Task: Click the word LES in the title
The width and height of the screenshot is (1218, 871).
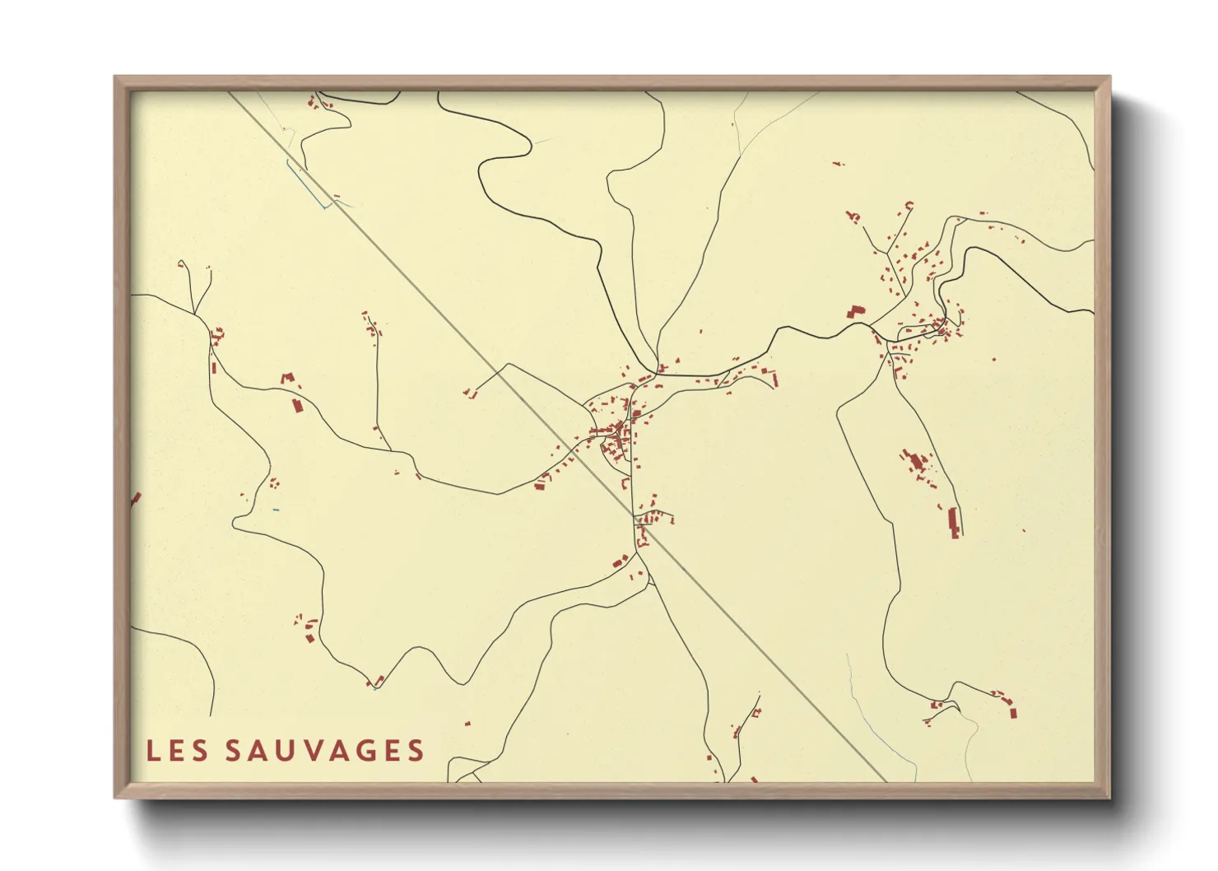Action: pyautogui.click(x=176, y=751)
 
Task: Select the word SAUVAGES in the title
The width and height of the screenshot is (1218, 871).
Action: pyautogui.click(x=325, y=751)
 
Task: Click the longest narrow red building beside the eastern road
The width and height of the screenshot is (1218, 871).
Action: pyautogui.click(x=954, y=523)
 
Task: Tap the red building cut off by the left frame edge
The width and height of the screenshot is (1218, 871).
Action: pyautogui.click(x=136, y=498)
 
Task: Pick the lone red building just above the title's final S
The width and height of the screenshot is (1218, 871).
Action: pyautogui.click(x=467, y=724)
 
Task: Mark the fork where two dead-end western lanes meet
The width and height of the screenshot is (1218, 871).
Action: pyautogui.click(x=195, y=313)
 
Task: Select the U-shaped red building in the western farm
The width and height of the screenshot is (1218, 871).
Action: pyautogui.click(x=287, y=379)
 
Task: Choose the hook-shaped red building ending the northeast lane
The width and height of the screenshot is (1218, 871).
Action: pyautogui.click(x=909, y=205)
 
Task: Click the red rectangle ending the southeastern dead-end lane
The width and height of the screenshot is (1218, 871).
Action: pyautogui.click(x=1013, y=712)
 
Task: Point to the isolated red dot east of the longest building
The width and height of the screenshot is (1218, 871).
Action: pyautogui.click(x=1023, y=530)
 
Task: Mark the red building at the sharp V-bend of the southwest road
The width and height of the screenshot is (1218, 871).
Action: pyautogui.click(x=379, y=681)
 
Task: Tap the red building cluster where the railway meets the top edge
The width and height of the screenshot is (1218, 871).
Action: pyautogui.click(x=313, y=103)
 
